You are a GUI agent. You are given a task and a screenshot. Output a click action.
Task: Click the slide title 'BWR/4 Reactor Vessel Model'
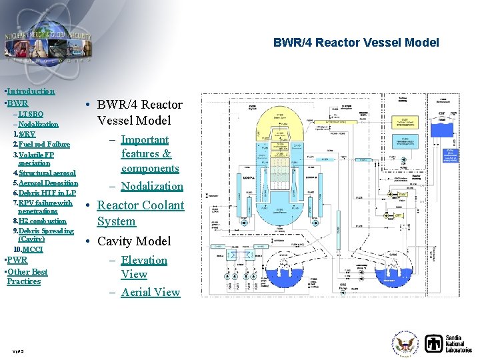coord(356,43)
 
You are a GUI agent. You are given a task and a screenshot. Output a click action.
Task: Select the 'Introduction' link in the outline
coord(31,91)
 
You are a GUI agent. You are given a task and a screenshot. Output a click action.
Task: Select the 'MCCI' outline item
coord(32,249)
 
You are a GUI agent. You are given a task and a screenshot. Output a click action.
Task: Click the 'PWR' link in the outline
coord(17,259)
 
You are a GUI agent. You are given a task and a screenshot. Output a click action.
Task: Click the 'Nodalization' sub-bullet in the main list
coord(152,186)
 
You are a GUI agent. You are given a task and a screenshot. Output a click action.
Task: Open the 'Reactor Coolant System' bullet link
coord(140,213)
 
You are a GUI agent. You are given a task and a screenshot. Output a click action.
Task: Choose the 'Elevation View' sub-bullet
coord(143,267)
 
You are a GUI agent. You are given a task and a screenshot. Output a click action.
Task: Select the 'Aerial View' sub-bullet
coord(150,292)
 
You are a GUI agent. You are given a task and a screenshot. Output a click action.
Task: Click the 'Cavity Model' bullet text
coord(133,241)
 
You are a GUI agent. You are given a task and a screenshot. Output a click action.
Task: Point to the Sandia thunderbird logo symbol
coord(435,343)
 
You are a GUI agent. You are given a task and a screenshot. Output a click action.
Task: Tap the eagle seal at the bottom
coord(405,344)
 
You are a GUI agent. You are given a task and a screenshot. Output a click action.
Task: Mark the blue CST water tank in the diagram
coord(444,127)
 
